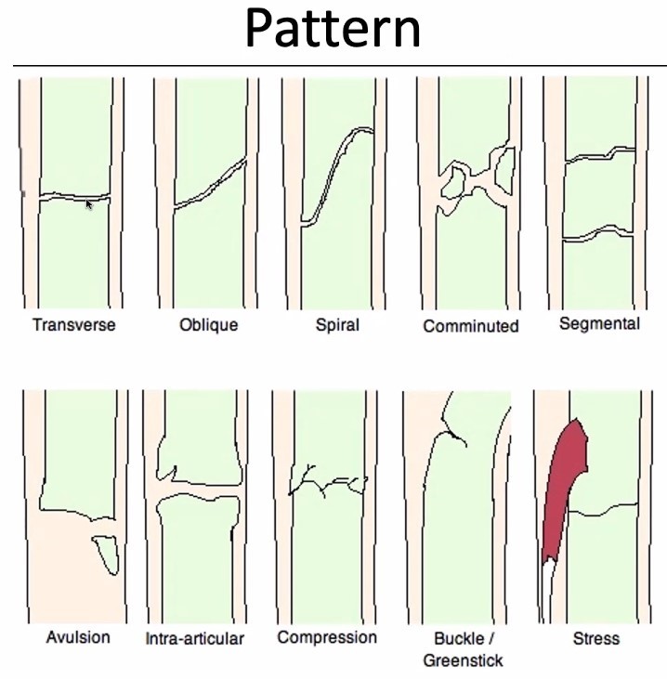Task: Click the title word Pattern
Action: [333, 30]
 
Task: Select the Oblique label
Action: [208, 325]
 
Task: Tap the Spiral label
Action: [337, 325]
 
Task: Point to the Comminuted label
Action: [470, 326]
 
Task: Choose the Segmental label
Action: [599, 324]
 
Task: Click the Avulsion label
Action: [78, 637]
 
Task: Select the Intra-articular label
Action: [195, 639]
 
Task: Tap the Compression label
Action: [327, 637]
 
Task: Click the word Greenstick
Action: [463, 660]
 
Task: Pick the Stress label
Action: [596, 639]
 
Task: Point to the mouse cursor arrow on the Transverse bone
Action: [89, 204]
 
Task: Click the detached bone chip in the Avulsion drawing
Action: [108, 555]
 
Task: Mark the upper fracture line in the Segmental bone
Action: [600, 154]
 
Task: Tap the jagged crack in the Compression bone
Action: [326, 482]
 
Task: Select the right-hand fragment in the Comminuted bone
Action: [505, 173]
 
